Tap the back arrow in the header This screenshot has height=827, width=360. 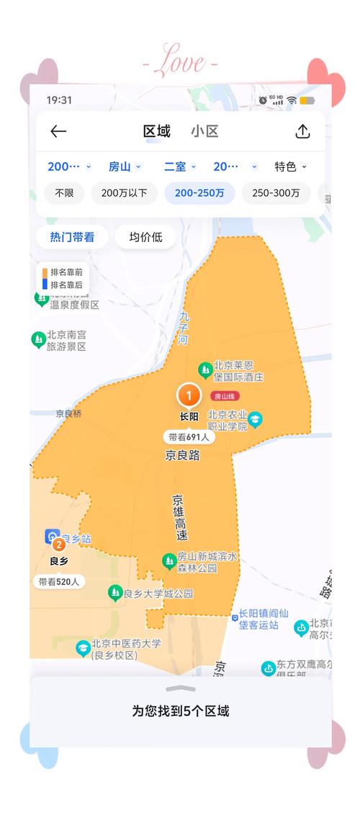point(58,131)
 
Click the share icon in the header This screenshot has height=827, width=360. point(302,131)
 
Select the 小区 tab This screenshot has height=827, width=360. point(204,131)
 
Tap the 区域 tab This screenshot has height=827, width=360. point(157,131)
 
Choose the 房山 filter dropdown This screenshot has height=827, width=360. point(125,166)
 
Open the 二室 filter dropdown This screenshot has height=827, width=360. point(180,166)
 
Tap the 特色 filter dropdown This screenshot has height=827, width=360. point(290,166)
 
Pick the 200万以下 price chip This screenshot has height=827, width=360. point(124,193)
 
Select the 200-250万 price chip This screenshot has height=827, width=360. point(199,193)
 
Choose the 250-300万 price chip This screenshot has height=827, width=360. point(276,193)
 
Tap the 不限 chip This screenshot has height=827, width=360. point(64,193)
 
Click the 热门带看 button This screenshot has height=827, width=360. point(72,237)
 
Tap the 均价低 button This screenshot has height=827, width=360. point(145,237)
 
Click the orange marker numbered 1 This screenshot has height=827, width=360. point(189,395)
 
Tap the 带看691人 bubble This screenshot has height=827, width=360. point(189,437)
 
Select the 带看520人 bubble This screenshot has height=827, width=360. point(59,581)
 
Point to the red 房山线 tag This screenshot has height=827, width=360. point(225,396)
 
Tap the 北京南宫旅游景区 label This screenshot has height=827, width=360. point(66,341)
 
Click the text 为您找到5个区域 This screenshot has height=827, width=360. point(180,711)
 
